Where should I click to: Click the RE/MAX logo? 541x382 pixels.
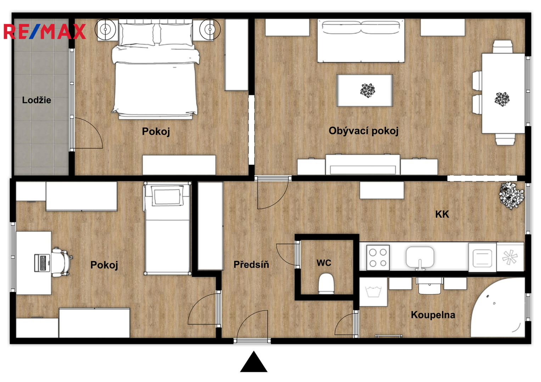coord(45,31)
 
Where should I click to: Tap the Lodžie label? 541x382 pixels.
coord(37,100)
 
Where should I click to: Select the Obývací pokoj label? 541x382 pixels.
coord(364,131)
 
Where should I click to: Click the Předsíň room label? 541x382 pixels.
coord(251,264)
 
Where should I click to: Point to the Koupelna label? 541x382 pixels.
coord(433,315)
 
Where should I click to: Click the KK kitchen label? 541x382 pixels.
coord(442,214)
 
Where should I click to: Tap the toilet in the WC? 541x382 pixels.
coord(326,283)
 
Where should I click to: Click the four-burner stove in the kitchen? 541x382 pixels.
coord(378,257)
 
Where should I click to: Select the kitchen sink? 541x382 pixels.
coord(420,257)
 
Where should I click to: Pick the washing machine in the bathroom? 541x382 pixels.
coord(373,292)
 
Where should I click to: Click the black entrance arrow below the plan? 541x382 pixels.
coord(254,362)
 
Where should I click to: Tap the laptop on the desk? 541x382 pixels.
coord(42,262)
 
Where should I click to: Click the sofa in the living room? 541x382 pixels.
coord(361,41)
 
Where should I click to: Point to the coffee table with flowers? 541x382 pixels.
coord(365,91)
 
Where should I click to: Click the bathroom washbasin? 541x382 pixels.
coord(429,286)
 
